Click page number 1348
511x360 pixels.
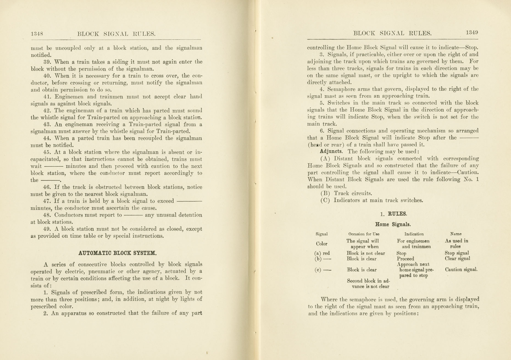[37, 34]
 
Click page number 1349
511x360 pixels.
[472, 32]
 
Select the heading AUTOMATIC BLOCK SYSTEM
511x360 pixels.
[118, 253]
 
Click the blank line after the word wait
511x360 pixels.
[54, 166]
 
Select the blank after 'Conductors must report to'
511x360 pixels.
[133, 215]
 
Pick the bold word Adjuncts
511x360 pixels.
[331, 151]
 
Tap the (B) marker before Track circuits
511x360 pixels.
[325, 193]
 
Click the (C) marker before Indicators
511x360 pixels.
[325, 200]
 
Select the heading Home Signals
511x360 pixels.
[393, 224]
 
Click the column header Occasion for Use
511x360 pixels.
[364, 234]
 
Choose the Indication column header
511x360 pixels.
[414, 234]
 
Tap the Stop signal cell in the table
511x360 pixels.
[457, 253]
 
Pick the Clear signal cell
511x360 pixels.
[457, 259]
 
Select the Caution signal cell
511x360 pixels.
[461, 270]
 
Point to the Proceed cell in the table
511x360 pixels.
[405, 259]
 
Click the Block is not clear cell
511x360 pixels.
[366, 253]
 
